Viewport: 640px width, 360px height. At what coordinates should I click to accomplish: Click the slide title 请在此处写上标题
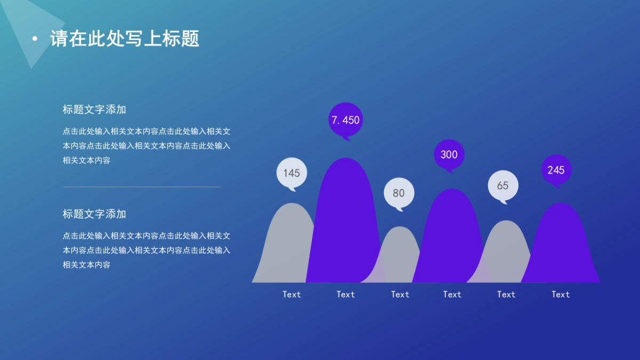(x=125, y=39)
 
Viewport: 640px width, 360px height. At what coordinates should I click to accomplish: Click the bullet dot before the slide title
(x=35, y=39)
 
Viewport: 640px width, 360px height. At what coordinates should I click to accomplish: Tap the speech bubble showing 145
(x=292, y=173)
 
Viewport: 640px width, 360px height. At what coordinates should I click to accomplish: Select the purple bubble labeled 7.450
(x=346, y=120)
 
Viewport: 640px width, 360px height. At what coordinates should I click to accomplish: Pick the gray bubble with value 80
(x=399, y=193)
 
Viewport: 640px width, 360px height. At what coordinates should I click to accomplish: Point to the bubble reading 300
(x=449, y=155)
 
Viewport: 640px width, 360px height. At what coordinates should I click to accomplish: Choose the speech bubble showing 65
(x=503, y=186)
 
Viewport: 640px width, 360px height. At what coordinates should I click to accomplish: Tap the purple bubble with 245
(x=556, y=170)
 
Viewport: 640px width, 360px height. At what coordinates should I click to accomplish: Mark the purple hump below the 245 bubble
(x=560, y=245)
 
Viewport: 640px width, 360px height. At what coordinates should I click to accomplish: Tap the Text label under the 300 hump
(x=452, y=294)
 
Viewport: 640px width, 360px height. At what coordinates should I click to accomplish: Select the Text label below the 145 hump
(x=292, y=294)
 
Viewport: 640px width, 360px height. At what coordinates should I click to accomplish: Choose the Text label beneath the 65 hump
(x=506, y=294)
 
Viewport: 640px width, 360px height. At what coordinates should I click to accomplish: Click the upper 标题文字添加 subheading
(x=94, y=110)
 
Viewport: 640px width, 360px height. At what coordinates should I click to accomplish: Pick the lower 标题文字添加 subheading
(x=94, y=214)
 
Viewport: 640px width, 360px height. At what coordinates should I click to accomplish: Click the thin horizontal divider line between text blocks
(x=142, y=187)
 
